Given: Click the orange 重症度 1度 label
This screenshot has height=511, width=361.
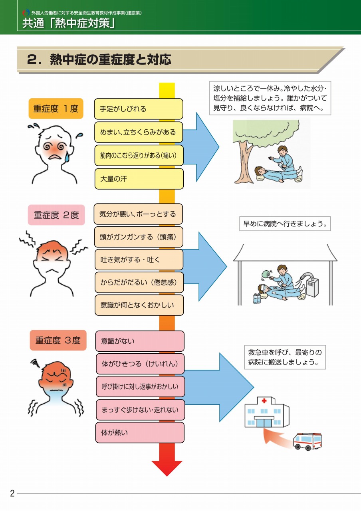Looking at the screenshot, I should point(56,109).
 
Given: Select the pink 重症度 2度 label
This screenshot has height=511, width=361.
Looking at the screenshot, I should point(56,215).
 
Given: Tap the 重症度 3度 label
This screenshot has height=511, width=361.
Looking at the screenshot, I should point(58,341).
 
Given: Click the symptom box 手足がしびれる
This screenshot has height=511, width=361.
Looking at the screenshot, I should point(139,109).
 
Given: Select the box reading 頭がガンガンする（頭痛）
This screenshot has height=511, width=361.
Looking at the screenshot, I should point(139,237).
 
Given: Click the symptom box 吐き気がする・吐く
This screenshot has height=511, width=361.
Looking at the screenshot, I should point(139,260).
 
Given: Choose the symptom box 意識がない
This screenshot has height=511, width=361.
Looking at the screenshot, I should point(140,341).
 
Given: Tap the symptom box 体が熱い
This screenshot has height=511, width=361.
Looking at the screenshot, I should point(140,433).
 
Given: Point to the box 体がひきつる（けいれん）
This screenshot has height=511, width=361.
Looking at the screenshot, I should point(140,364).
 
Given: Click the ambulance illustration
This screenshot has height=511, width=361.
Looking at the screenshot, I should point(307,441).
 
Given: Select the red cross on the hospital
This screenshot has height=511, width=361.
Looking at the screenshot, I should point(264,400).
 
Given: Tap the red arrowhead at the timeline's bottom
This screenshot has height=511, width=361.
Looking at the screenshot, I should point(167,467).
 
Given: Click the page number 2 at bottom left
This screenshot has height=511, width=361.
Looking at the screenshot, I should point(12,493).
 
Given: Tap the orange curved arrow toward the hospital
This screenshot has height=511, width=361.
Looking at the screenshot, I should point(276,437).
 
